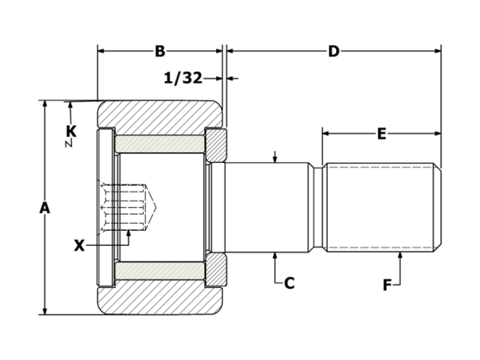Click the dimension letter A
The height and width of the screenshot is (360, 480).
(44, 208)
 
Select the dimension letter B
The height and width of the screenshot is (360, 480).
(160, 51)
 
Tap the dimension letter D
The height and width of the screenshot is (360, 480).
(334, 51)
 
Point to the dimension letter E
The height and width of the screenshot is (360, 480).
(382, 134)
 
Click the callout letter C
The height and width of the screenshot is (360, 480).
(289, 283)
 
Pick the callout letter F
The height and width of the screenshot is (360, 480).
(387, 284)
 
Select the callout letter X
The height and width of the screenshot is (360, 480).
(80, 244)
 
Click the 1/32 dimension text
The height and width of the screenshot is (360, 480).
(182, 77)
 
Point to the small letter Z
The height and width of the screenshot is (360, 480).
(68, 142)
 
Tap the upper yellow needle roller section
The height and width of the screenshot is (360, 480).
(159, 142)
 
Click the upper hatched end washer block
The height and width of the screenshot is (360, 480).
(215, 144)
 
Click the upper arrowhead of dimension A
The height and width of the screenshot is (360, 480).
(44, 105)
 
